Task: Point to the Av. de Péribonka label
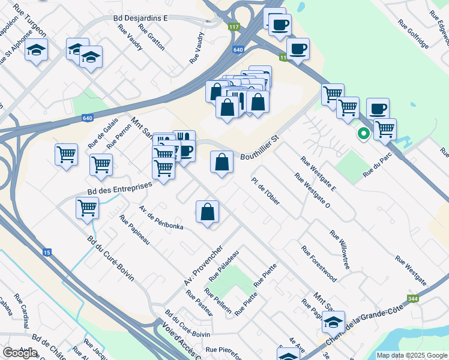[160, 217]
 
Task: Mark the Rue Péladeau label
[224, 265]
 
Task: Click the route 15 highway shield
[47, 252]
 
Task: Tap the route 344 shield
[412, 298]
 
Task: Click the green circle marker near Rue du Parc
[363, 134]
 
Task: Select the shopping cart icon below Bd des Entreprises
[88, 208]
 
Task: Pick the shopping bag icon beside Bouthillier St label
[221, 161]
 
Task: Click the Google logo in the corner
[20, 353]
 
